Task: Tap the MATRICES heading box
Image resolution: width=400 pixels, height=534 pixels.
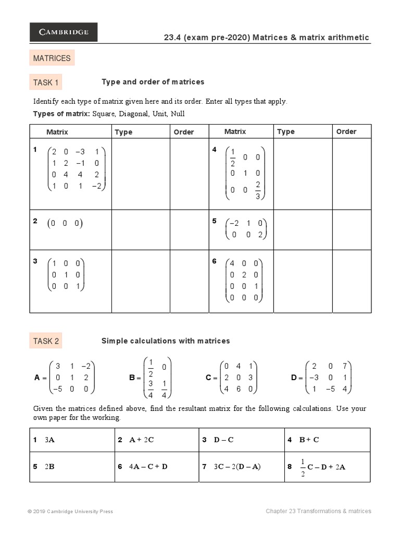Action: point(52,58)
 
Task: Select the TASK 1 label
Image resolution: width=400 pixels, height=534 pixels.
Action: point(46,82)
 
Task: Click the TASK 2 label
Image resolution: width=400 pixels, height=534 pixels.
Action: point(46,342)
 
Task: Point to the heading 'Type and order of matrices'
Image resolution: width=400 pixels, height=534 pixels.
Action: point(153,82)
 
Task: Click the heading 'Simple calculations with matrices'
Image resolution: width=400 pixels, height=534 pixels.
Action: point(165,341)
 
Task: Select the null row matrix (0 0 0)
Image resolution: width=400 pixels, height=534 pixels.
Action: point(65,224)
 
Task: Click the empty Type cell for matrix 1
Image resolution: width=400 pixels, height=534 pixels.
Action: point(141,174)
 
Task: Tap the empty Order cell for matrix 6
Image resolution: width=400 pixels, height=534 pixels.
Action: point(352,282)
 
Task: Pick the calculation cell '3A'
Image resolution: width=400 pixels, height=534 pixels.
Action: point(49,440)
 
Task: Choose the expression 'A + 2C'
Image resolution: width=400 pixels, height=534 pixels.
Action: point(141,440)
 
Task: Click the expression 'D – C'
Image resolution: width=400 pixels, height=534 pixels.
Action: point(223,440)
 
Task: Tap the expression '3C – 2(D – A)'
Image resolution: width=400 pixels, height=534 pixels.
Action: point(237,467)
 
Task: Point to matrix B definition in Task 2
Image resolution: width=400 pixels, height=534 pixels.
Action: point(151,378)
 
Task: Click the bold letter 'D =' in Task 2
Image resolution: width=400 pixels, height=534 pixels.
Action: point(295,378)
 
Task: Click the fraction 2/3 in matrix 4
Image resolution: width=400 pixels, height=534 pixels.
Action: point(257,190)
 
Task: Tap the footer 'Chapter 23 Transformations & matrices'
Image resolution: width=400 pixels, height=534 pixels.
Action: point(318,512)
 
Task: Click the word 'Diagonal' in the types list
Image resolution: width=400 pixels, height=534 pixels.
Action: point(135,114)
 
